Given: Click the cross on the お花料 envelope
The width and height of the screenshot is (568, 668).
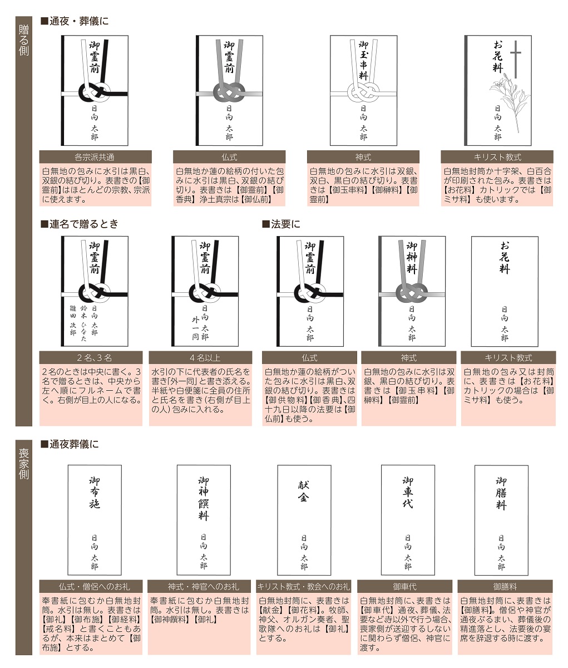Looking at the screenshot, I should pos(516,59).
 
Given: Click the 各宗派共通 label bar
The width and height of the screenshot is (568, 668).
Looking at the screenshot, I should pos(95,157).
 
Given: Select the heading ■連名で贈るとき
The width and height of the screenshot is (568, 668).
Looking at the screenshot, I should pos(80,224).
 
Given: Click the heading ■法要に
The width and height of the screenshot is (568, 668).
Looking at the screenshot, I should pos(281,224).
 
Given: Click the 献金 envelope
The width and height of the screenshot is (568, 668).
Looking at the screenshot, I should pos(304,520).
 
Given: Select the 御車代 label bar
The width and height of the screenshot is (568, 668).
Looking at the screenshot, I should pos(404,586).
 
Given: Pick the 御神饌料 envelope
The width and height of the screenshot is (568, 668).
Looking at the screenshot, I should pos(204,520).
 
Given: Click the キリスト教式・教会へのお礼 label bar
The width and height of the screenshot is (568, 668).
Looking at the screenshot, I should pos(304,586).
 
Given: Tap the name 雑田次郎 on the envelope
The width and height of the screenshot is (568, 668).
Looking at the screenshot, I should pos(73,321).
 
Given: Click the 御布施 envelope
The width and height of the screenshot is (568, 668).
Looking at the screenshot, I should pos(95,520).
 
